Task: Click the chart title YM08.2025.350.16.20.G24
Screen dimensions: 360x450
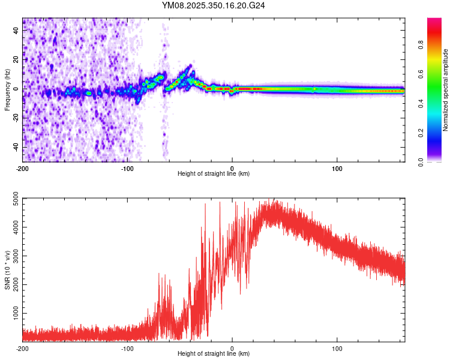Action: (214, 5)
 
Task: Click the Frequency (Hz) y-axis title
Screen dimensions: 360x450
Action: (7, 90)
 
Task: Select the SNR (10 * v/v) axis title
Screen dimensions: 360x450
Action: (7, 270)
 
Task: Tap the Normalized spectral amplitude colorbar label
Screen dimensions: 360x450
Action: (446, 90)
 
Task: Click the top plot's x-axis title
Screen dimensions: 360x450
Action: (214, 173)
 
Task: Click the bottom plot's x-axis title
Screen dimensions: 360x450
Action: (214, 353)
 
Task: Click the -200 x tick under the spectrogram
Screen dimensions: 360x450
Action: (23, 168)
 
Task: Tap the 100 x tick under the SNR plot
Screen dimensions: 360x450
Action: (337, 348)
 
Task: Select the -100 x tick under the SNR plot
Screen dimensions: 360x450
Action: (127, 348)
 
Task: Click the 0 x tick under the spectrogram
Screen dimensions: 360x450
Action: (232, 168)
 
